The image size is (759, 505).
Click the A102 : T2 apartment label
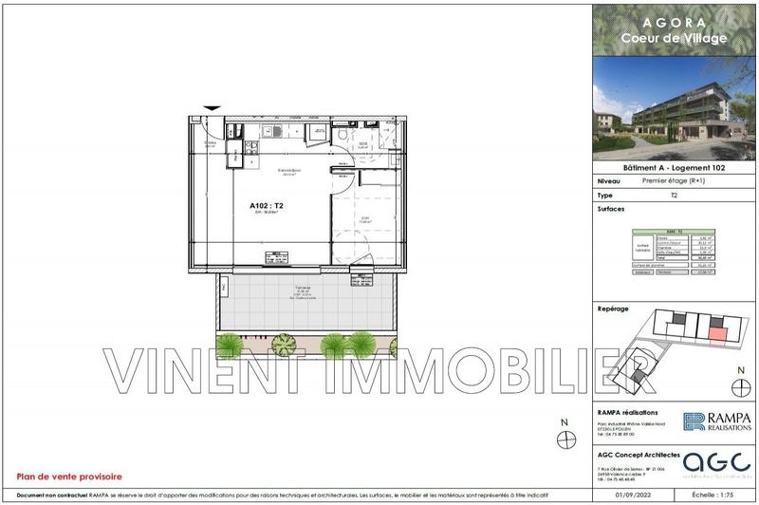click(x=268, y=205)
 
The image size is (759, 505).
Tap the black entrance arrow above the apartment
click(x=213, y=109)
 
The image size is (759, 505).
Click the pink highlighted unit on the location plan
click(x=720, y=331)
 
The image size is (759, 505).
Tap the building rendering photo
click(x=674, y=109)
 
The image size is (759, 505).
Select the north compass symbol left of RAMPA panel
click(x=567, y=436)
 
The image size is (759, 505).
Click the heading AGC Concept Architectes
click(x=639, y=453)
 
